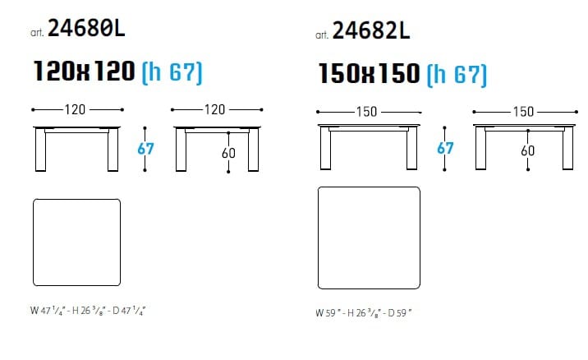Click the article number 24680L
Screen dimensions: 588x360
click(x=86, y=28)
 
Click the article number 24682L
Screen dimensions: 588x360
click(x=371, y=30)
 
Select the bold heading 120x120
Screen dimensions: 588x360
click(x=84, y=71)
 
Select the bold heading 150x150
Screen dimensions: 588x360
click(x=369, y=73)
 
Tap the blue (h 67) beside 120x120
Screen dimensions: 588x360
click(x=172, y=72)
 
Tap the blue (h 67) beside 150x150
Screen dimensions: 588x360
click(x=457, y=75)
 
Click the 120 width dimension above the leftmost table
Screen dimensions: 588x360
click(x=75, y=109)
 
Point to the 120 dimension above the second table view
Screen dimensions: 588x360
click(x=214, y=109)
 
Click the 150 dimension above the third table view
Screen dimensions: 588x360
click(x=366, y=112)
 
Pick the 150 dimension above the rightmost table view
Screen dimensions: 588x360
click(x=523, y=112)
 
